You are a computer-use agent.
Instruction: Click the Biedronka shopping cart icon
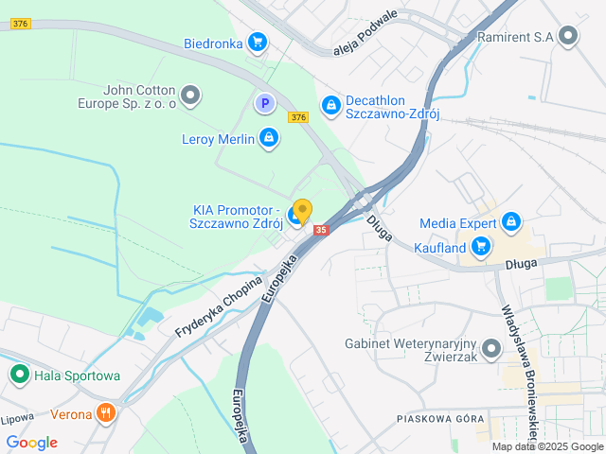[x=257, y=42]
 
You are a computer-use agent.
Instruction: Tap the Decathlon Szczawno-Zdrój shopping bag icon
[x=330, y=104]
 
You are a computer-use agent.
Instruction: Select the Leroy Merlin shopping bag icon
[x=269, y=139]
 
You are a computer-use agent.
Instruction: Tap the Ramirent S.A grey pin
[x=568, y=37]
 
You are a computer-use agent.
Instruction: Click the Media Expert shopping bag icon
[x=511, y=222]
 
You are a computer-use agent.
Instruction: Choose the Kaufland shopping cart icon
[x=482, y=248]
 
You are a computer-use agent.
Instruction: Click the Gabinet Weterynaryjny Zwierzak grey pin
[x=490, y=350]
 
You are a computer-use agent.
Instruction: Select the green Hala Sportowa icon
[x=19, y=375]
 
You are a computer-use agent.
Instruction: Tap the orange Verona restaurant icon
[x=106, y=413]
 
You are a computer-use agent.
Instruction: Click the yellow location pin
[x=302, y=210]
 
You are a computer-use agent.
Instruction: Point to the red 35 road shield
[x=321, y=230]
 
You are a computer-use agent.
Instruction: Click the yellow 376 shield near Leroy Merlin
[x=299, y=117]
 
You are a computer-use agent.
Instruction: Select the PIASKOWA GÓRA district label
[x=440, y=418]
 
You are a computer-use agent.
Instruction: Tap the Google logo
[x=31, y=442]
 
